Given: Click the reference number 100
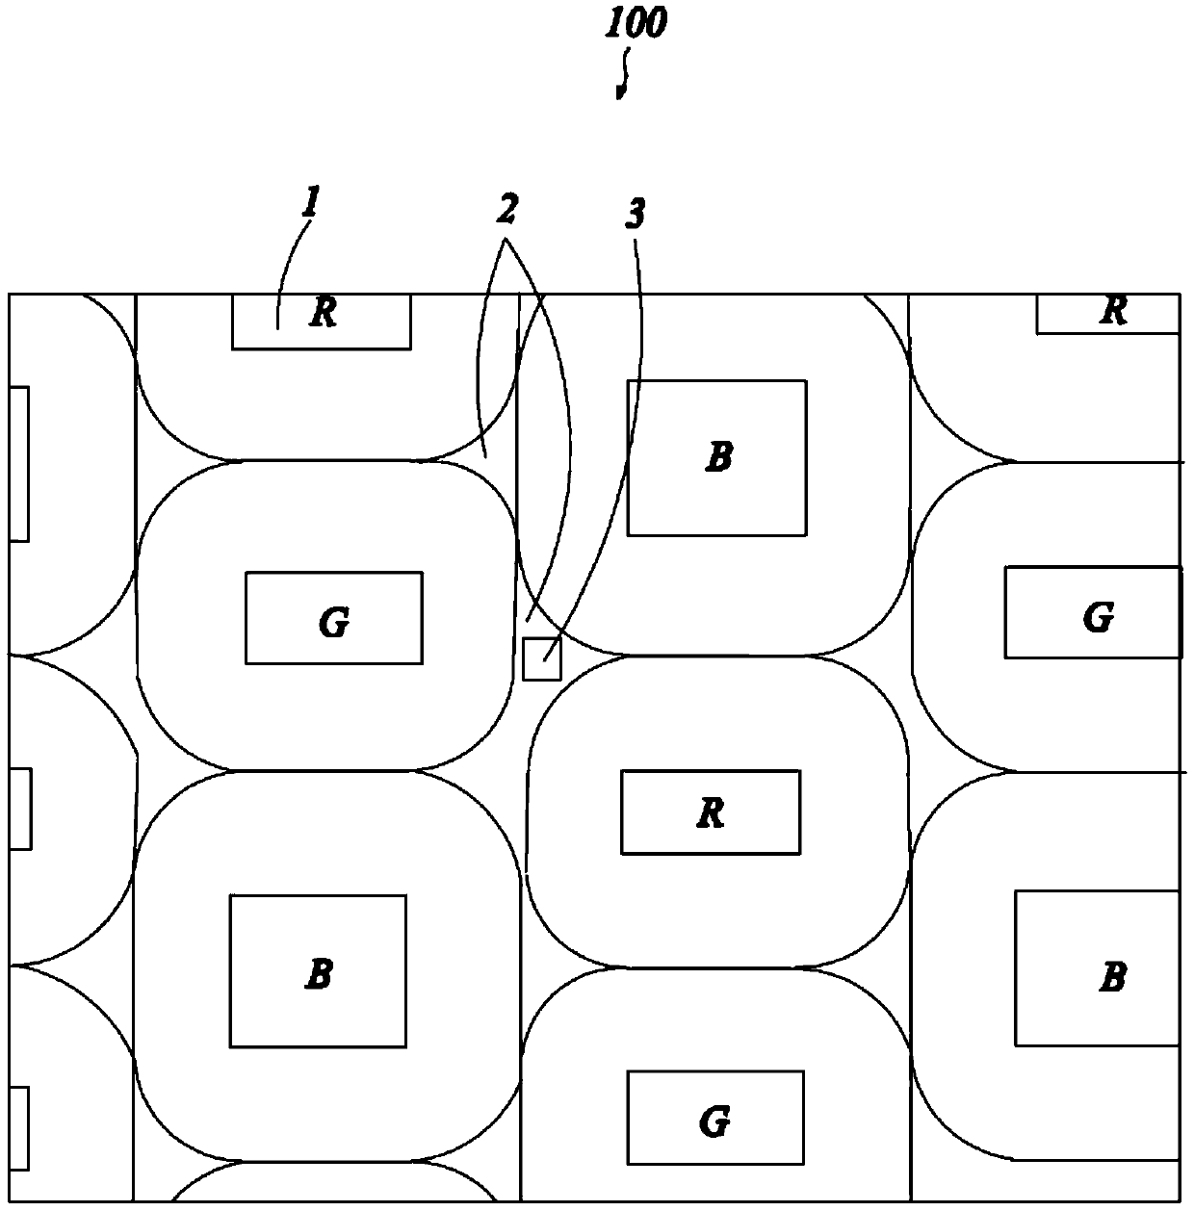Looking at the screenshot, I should [635, 23].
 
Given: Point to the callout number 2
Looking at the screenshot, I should [506, 207].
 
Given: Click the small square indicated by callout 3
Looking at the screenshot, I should [541, 659].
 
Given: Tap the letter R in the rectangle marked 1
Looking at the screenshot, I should [323, 314].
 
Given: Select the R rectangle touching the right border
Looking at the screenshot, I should [1107, 314].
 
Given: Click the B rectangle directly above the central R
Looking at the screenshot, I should [716, 457].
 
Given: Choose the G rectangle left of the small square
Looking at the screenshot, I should [333, 618].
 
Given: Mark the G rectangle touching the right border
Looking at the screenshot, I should [1093, 612].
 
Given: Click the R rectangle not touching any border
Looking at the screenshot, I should [710, 812].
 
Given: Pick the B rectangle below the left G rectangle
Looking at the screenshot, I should [317, 970].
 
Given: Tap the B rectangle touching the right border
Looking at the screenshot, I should [1097, 967].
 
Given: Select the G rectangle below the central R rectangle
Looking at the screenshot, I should [714, 1117].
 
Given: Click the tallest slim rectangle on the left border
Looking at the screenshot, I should [18, 464].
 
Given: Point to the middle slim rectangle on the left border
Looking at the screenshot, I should [20, 808].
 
